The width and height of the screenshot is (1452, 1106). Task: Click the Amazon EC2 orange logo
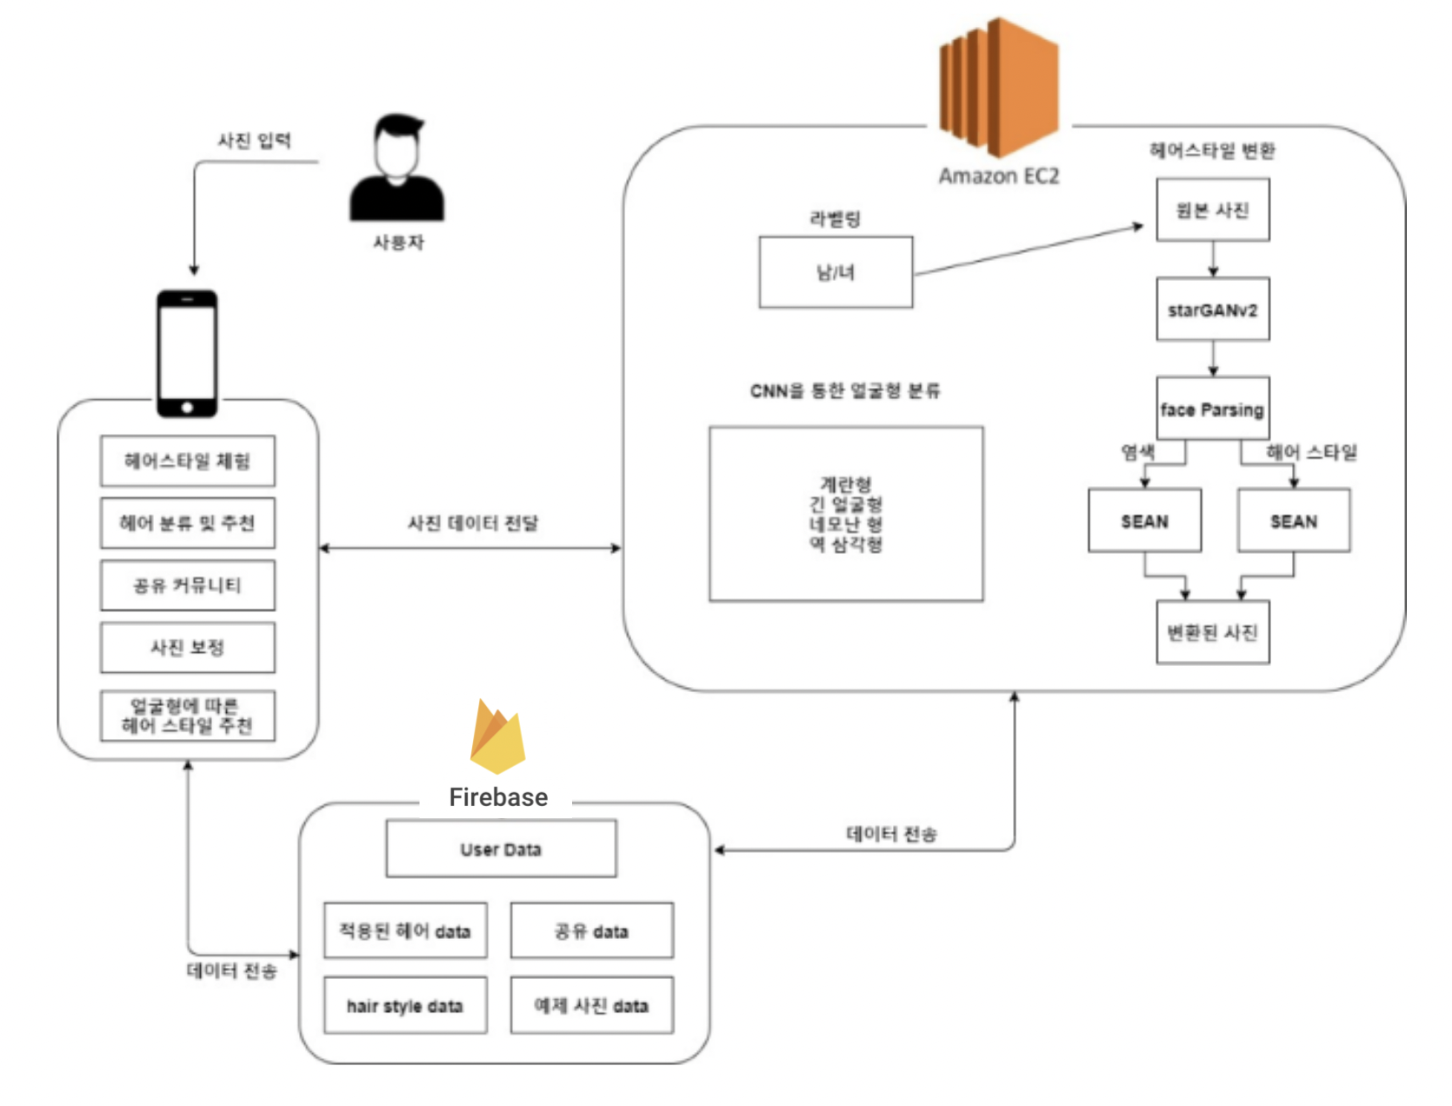pyautogui.click(x=999, y=87)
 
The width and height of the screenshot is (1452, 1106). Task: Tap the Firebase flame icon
pyautogui.click(x=497, y=736)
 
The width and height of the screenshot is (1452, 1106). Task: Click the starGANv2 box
pyautogui.click(x=1212, y=310)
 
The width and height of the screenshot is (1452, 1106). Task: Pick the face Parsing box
pyautogui.click(x=1212, y=409)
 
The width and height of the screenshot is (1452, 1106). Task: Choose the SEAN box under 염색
pyautogui.click(x=1144, y=521)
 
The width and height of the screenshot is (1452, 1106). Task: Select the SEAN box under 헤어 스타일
pyautogui.click(x=1294, y=521)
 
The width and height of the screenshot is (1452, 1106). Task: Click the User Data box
pyautogui.click(x=501, y=849)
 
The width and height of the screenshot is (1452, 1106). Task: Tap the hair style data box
pyautogui.click(x=405, y=1005)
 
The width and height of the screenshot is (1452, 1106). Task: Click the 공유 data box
pyautogui.click(x=591, y=930)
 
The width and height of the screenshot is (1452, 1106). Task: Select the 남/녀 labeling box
pyautogui.click(x=836, y=272)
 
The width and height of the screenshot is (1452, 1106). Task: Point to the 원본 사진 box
pyautogui.click(x=1212, y=210)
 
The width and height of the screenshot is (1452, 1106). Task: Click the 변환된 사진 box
pyautogui.click(x=1212, y=632)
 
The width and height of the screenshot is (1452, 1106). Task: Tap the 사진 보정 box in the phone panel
pyautogui.click(x=188, y=647)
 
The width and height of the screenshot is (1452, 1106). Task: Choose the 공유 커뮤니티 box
pyautogui.click(x=188, y=585)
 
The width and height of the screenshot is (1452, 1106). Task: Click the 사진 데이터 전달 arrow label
pyautogui.click(x=473, y=523)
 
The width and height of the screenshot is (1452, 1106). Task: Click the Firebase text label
pyautogui.click(x=498, y=796)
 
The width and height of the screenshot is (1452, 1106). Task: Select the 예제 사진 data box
pyautogui.click(x=591, y=1005)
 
